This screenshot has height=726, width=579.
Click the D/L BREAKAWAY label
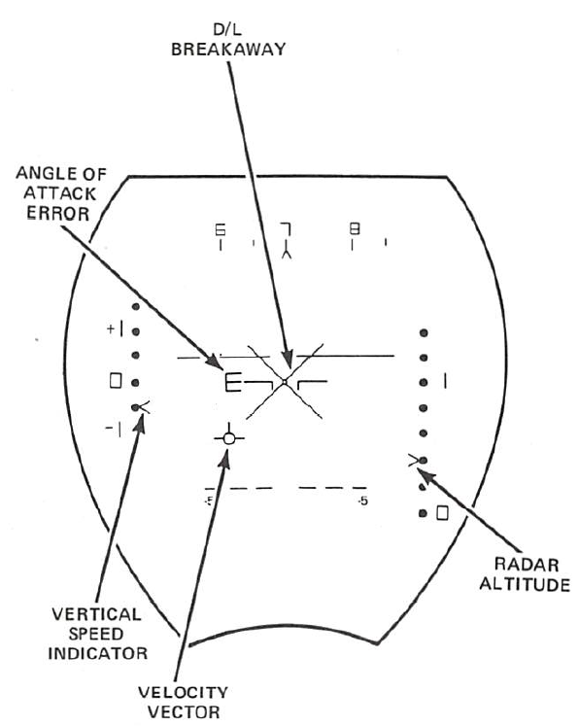tap(228, 40)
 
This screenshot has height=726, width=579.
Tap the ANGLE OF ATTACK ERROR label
tap(60, 193)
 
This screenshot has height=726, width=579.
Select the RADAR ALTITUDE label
tap(525, 574)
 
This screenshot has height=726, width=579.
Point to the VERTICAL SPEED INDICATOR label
tap(97, 634)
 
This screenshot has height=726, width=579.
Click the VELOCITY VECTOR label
tap(184, 703)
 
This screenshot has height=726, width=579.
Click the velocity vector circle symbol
tap(229, 438)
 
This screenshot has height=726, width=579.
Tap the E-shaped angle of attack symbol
tap(232, 382)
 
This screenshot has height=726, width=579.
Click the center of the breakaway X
tap(285, 382)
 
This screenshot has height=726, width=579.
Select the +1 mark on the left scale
tap(115, 329)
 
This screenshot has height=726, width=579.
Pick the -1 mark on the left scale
tap(114, 430)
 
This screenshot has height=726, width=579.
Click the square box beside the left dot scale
tap(116, 381)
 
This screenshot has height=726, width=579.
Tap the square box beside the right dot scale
tap(442, 513)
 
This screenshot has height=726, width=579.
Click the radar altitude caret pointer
tap(413, 460)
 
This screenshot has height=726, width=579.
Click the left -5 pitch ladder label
tap(209, 501)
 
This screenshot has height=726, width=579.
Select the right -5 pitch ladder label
tap(363, 501)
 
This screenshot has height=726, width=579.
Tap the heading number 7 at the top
tap(286, 229)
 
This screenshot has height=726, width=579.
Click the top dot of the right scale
tap(424, 332)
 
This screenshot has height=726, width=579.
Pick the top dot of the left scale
tap(136, 306)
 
